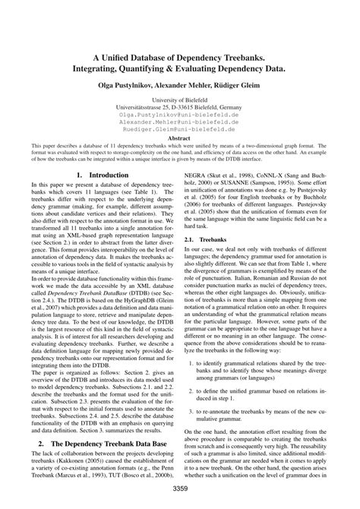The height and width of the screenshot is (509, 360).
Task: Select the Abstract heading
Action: tap(179, 139)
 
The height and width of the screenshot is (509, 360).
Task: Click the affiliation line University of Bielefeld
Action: tap(179, 100)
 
